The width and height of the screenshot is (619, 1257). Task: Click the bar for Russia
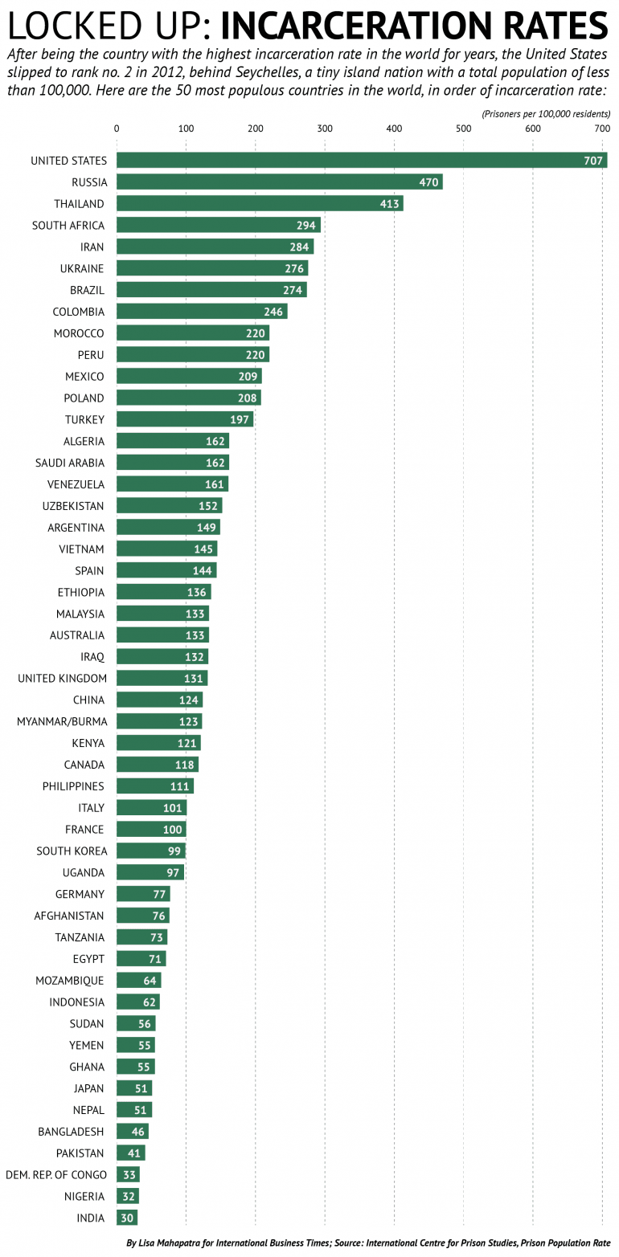279,182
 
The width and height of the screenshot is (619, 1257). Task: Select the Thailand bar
259,204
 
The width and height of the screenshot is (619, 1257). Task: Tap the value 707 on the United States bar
593,161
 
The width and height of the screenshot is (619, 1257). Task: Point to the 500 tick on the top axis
463,129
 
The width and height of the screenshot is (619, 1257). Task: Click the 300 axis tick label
324,129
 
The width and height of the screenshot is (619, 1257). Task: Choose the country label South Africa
68,226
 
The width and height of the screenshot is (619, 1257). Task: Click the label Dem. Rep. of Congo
56,1175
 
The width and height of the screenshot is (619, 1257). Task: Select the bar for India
126,1218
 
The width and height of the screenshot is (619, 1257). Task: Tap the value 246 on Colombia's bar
273,312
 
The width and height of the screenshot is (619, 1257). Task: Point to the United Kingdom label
62,679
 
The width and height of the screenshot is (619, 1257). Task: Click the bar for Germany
142,894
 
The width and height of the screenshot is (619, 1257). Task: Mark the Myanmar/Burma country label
62,721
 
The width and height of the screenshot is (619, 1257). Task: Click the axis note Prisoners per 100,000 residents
546,114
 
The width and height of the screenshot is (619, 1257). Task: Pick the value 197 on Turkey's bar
240,419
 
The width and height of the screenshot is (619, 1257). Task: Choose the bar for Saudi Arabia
173,463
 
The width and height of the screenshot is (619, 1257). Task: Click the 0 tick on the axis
117,129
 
